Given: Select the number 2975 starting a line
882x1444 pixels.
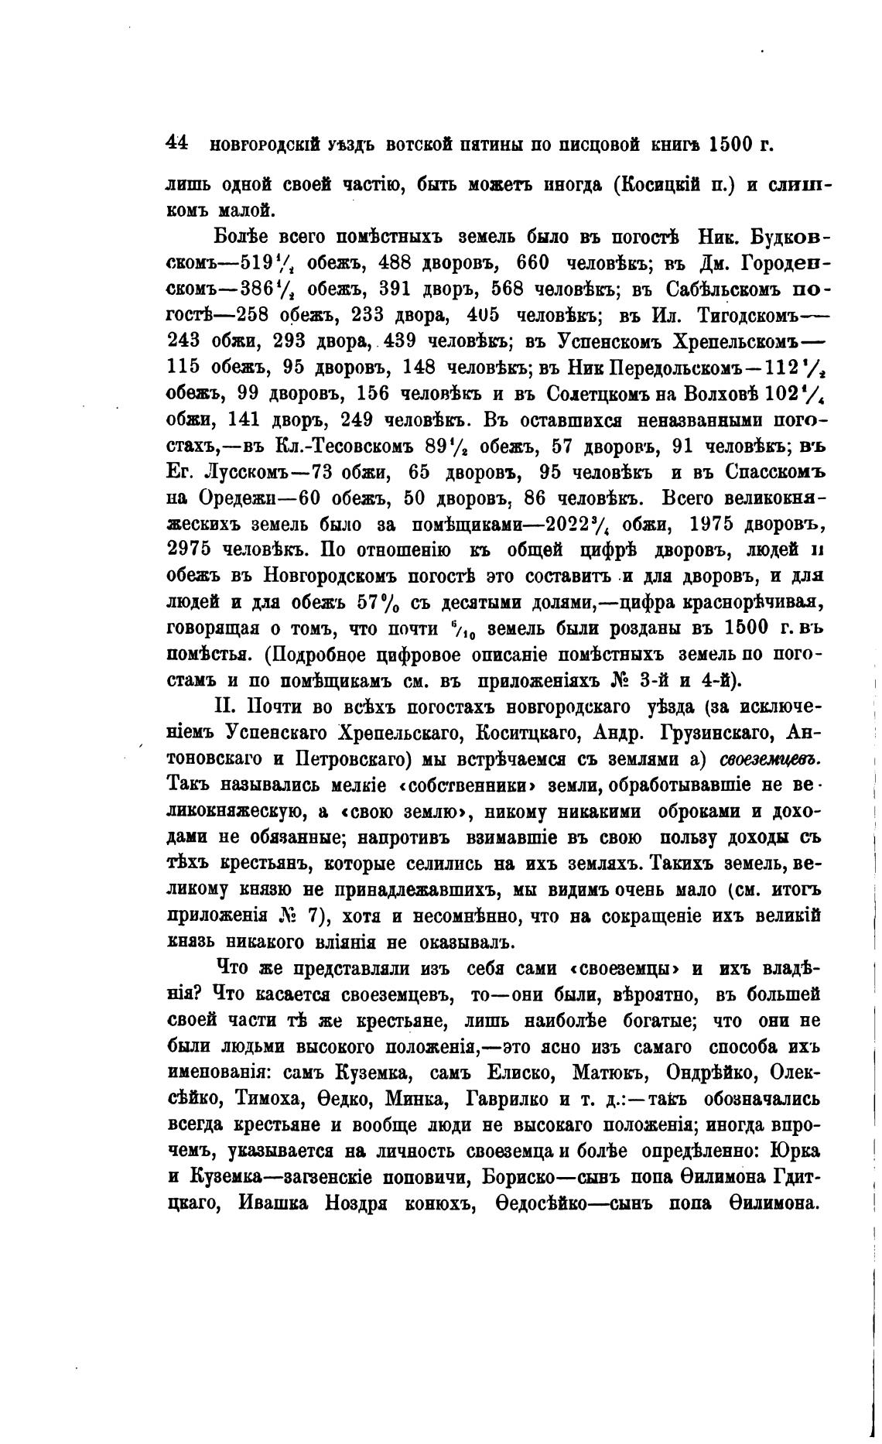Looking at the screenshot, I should (x=190, y=550).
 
